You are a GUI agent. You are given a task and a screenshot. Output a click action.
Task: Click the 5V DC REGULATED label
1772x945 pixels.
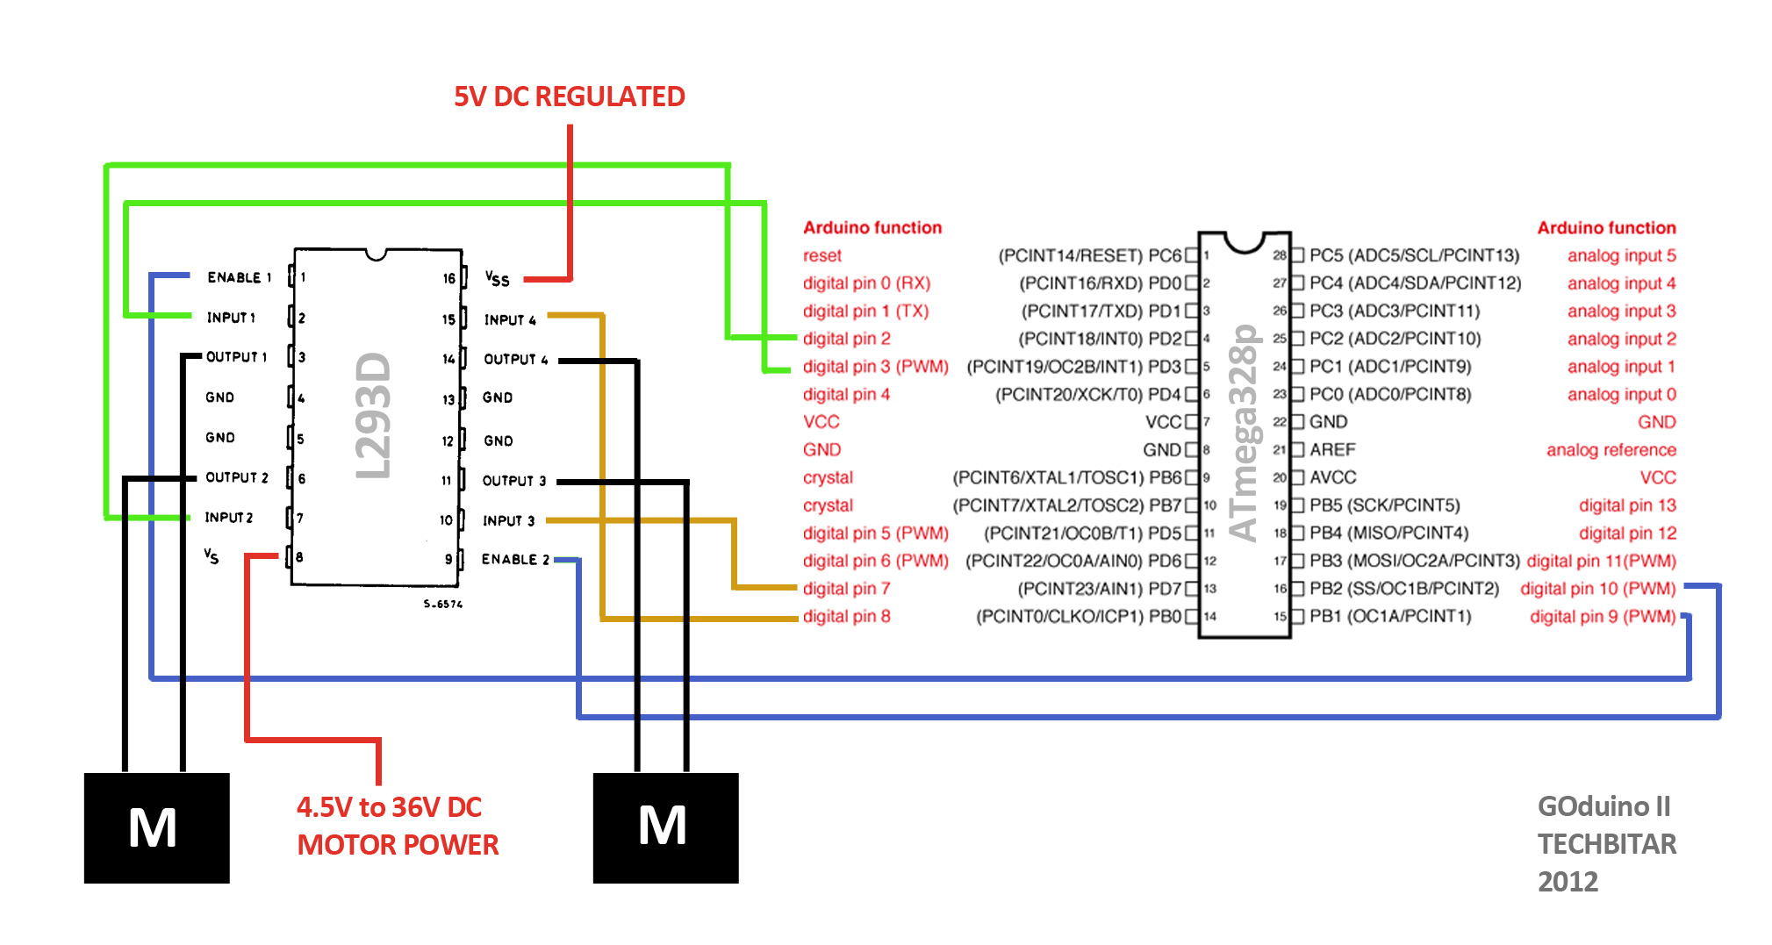(569, 97)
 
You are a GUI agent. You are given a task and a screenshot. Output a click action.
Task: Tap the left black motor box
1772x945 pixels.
(156, 827)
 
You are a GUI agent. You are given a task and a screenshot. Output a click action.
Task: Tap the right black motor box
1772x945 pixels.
(665, 827)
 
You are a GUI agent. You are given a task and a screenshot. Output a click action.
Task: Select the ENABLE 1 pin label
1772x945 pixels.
(239, 277)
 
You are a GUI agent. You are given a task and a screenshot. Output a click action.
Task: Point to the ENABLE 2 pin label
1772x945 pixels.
(515, 559)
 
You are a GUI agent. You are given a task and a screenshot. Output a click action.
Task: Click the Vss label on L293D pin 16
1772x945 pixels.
(497, 278)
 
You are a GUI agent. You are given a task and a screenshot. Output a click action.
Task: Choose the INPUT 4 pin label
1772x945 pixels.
(509, 319)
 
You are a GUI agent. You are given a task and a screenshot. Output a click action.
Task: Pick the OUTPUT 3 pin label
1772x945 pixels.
(513, 480)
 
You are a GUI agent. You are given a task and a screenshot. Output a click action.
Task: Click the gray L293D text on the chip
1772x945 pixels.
(373, 416)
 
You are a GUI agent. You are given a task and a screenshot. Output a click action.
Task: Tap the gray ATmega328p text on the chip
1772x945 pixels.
(1244, 433)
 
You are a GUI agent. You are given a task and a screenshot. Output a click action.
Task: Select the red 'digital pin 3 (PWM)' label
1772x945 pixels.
(875, 366)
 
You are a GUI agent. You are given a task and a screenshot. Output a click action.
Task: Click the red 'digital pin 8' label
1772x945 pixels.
(846, 616)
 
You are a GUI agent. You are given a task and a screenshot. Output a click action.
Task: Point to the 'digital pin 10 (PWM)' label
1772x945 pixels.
(1597, 588)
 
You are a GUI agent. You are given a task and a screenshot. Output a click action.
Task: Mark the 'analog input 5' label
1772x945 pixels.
(1621, 255)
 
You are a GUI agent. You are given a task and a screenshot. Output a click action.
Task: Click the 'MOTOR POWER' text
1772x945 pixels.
(398, 844)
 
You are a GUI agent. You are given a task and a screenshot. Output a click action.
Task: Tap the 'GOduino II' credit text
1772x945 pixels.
(1603, 805)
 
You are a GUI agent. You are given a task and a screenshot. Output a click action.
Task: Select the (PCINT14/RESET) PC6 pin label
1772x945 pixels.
(1089, 255)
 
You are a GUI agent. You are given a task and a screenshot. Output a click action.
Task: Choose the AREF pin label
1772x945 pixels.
(1332, 449)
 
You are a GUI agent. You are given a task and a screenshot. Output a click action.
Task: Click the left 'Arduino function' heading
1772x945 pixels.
(872, 227)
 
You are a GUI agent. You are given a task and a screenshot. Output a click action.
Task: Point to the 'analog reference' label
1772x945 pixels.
(1611, 449)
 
